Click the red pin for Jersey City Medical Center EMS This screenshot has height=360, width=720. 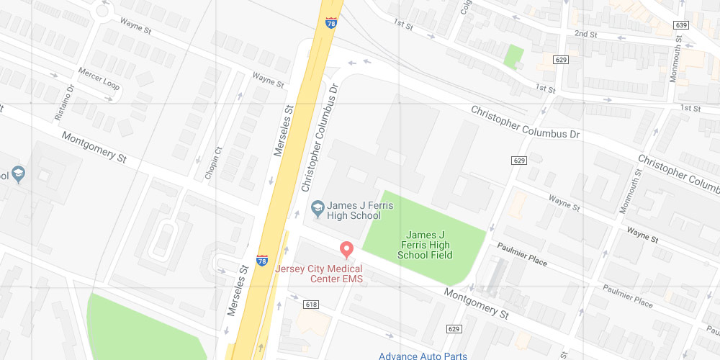point(346,249)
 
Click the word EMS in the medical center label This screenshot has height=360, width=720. point(352,279)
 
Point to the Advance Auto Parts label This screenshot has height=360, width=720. point(423,356)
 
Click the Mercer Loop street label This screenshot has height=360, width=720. point(99,79)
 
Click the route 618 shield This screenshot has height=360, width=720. point(311,305)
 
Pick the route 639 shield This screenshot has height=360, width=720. point(681,25)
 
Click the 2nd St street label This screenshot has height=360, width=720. point(586,34)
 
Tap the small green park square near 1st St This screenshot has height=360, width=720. point(513,56)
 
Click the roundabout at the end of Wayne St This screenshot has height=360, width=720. point(102,10)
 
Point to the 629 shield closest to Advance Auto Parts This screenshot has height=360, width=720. point(454,329)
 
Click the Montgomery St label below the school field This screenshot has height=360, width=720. point(476,303)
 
